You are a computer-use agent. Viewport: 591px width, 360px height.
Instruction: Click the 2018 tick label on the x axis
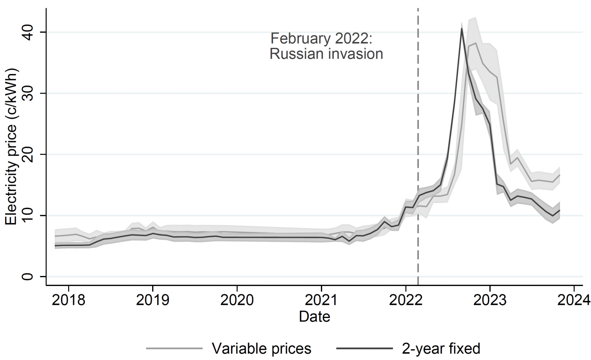(69, 300)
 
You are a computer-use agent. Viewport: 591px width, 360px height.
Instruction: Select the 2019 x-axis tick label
(153, 300)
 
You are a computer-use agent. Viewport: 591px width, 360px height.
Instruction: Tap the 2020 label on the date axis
(237, 300)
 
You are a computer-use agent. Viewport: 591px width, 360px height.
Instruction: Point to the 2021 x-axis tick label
(321, 300)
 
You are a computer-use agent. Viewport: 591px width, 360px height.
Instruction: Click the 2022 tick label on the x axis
(406, 300)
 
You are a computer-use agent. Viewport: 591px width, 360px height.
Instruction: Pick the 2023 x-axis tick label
(490, 300)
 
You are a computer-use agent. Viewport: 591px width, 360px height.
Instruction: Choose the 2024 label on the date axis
(574, 300)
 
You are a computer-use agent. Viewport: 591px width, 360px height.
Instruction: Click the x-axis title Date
(315, 317)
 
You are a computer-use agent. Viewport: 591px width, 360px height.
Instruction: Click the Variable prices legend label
(261, 349)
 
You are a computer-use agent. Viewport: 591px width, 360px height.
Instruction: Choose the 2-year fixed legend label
(441, 349)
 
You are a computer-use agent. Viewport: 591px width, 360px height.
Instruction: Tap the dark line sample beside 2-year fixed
(364, 349)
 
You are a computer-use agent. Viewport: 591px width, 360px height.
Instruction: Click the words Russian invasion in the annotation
(326, 54)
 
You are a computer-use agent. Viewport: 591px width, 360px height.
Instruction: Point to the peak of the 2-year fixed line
(461, 29)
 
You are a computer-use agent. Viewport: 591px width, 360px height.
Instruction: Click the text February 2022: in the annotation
(321, 39)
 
